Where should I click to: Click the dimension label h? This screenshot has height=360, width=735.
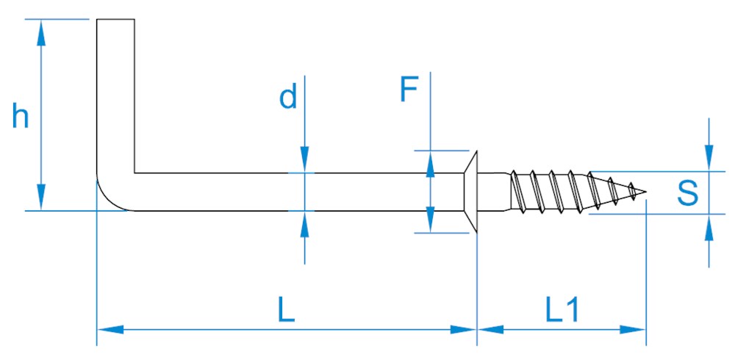point(21,117)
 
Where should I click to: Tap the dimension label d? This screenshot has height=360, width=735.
point(288,97)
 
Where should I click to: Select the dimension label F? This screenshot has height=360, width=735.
point(409,90)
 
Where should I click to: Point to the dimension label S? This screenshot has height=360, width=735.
point(687,193)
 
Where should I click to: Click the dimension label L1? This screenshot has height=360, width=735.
point(562,312)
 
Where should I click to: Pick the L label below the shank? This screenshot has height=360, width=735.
point(287,312)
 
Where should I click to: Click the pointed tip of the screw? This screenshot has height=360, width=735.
point(644,193)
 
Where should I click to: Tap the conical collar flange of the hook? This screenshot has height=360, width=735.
point(471,192)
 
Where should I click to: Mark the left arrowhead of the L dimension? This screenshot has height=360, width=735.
point(107,330)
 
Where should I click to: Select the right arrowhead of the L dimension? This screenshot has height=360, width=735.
point(467,330)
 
